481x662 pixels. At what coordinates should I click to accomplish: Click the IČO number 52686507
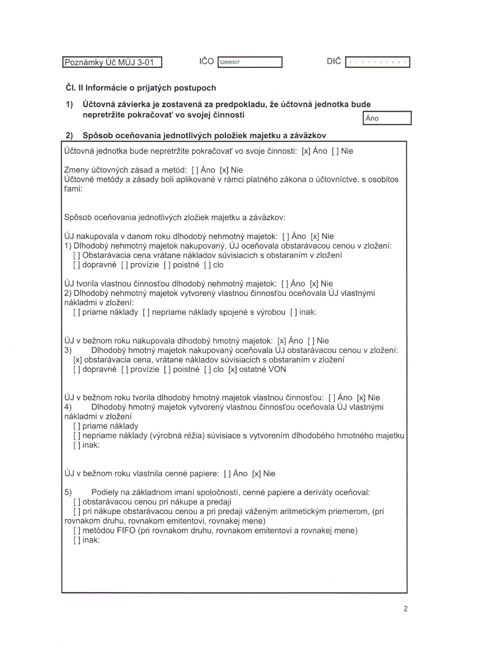pos(229,62)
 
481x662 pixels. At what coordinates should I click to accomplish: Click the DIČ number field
pos(377,62)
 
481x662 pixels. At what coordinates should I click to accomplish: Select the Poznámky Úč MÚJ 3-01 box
pos(112,62)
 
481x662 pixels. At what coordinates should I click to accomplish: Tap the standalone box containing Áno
pos(387,118)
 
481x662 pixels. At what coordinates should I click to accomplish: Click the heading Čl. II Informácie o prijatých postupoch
pos(141,88)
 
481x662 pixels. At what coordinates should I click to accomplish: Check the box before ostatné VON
pos(233,370)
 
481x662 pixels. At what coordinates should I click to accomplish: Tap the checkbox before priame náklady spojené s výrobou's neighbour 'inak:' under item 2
pos(294,312)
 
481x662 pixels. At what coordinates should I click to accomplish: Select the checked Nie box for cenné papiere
pos(256,474)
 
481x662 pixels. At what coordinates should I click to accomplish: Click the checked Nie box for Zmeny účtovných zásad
pos(224,170)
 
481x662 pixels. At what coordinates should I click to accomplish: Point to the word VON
pos(277,369)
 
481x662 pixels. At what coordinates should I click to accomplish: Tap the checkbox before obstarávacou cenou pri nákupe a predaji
pos(77,502)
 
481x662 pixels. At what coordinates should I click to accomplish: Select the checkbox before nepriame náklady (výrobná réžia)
pos(77,436)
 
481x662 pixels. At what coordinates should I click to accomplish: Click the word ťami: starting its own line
pos(74,189)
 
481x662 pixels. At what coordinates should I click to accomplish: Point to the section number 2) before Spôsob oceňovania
pos(69,135)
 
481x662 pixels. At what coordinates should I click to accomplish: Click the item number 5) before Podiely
pos(68,492)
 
